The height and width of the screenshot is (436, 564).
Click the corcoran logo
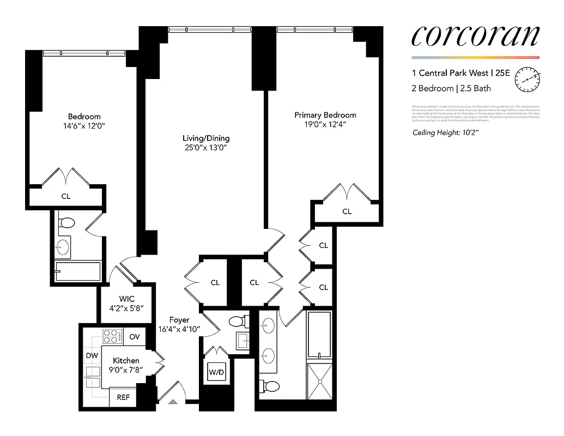pos(475,36)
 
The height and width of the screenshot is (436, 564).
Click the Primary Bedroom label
pos(325,115)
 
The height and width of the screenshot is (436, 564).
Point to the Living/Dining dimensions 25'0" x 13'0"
pos(206,147)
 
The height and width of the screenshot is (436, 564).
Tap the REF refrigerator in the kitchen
pos(123,397)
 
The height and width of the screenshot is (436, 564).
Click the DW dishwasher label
pos(92,356)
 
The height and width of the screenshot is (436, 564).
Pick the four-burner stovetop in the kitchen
pos(112,337)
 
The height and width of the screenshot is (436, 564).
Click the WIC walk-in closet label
pos(127,299)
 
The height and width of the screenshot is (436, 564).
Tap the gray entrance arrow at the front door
pos(173,402)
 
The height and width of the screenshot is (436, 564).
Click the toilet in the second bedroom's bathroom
pos(68,223)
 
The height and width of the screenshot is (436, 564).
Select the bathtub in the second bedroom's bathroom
pos(78,271)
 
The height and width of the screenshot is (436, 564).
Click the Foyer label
pos(179,320)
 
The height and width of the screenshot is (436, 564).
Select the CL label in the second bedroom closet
pos(65,196)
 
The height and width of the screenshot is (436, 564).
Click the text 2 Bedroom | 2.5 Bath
pos(451,88)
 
